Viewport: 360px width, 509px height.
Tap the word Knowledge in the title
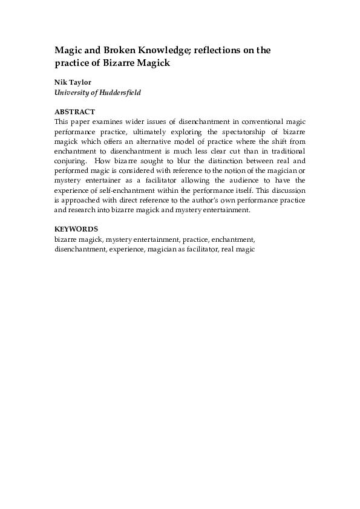click(152, 52)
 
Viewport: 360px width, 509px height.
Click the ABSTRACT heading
click(74, 112)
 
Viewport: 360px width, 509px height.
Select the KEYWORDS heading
click(76, 230)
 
